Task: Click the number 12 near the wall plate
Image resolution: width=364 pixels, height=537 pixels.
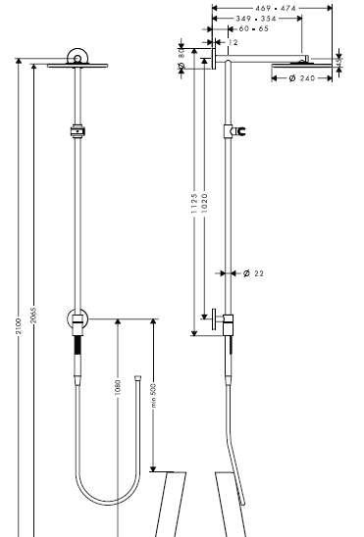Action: pos(234,43)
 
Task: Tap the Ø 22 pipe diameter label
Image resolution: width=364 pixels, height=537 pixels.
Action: pos(253,273)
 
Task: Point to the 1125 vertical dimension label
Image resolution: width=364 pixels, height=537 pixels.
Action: pos(193,202)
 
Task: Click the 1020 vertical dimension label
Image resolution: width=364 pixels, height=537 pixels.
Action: pos(203,202)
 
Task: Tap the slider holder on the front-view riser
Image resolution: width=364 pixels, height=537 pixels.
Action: pos(77,128)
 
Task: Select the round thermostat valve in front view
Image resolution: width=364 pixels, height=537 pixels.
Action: pos(77,319)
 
